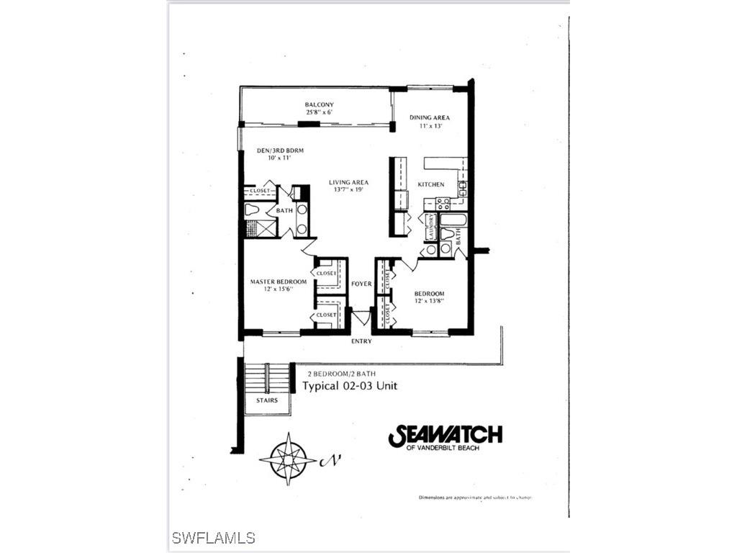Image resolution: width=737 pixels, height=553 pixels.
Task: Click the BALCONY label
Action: (x=319, y=105)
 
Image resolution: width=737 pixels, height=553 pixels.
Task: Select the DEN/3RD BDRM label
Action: (x=280, y=150)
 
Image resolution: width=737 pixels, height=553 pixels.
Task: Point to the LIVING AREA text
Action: (x=348, y=182)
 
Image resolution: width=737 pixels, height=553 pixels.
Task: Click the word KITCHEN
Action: (x=431, y=185)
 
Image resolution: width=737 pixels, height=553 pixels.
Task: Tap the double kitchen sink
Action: (x=463, y=189)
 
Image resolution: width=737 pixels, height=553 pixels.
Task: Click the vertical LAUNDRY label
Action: (x=430, y=227)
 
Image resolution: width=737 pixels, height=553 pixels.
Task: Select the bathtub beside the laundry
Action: (x=453, y=219)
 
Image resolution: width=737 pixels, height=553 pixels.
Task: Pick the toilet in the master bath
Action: (x=252, y=210)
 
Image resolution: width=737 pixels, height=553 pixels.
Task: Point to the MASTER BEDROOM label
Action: (x=279, y=282)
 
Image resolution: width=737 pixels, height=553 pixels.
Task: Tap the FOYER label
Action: (x=361, y=284)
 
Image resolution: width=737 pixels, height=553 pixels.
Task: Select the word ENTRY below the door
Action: (x=361, y=341)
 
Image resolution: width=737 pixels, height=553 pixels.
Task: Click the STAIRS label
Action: (x=266, y=400)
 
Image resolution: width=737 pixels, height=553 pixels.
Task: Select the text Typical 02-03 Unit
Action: (x=349, y=386)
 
